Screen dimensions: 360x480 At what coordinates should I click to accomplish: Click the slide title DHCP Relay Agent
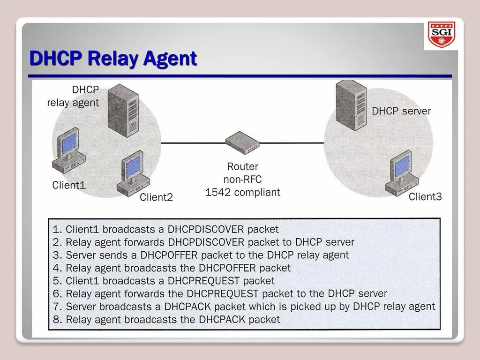click(113, 59)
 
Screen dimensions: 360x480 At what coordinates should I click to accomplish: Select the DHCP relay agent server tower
click(123, 110)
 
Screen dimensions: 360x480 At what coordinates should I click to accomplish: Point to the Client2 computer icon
click(133, 172)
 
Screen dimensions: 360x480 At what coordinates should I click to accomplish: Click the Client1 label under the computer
click(69, 185)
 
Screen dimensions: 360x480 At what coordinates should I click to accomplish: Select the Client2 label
click(156, 197)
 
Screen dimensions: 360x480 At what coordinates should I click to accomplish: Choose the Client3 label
click(425, 196)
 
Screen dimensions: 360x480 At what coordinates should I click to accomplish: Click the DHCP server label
click(401, 111)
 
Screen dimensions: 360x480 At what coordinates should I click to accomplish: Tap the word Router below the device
click(242, 166)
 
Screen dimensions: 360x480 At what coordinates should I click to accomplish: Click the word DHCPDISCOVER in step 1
click(206, 230)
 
